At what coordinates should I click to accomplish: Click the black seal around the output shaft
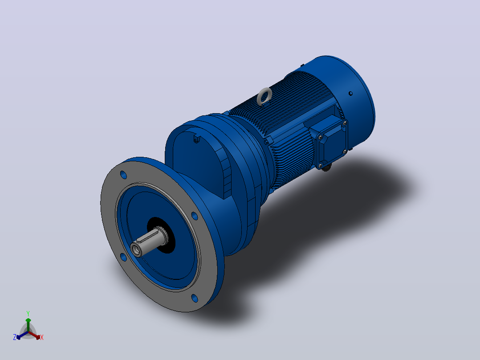click(x=161, y=235)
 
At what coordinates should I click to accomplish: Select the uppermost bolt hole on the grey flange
click(x=124, y=175)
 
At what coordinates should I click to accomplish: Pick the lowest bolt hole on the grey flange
click(x=195, y=298)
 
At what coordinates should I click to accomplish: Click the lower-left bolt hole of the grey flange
click(x=123, y=257)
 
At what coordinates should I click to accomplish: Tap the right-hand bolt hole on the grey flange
click(x=195, y=216)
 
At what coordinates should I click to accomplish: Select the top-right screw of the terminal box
click(x=345, y=123)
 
